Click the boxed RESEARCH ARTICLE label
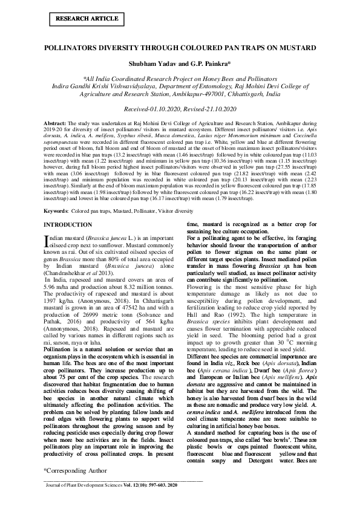[79, 19]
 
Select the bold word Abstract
[54, 123]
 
